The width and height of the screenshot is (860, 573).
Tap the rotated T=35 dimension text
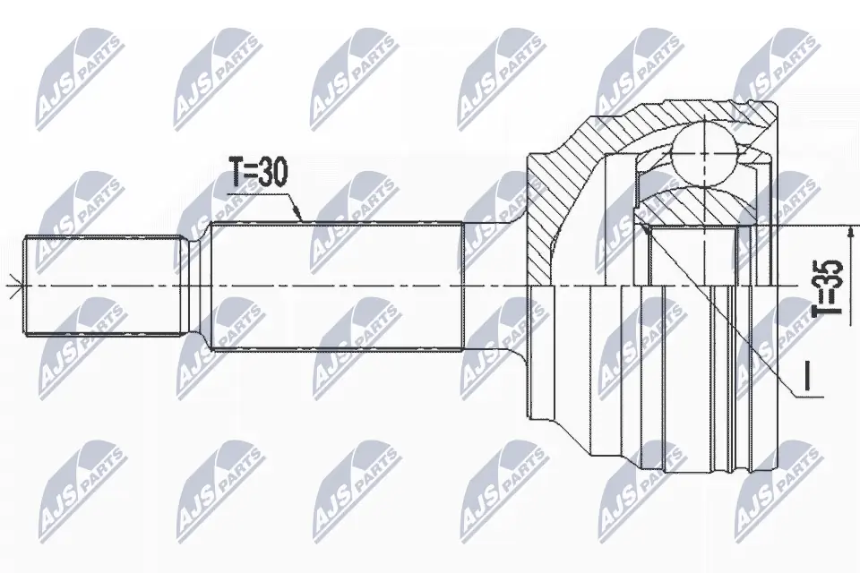click(x=830, y=287)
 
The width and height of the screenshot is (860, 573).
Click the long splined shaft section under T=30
click(x=336, y=286)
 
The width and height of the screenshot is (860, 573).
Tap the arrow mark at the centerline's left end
click(x=10, y=286)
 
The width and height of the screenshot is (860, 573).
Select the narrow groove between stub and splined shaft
click(x=197, y=286)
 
